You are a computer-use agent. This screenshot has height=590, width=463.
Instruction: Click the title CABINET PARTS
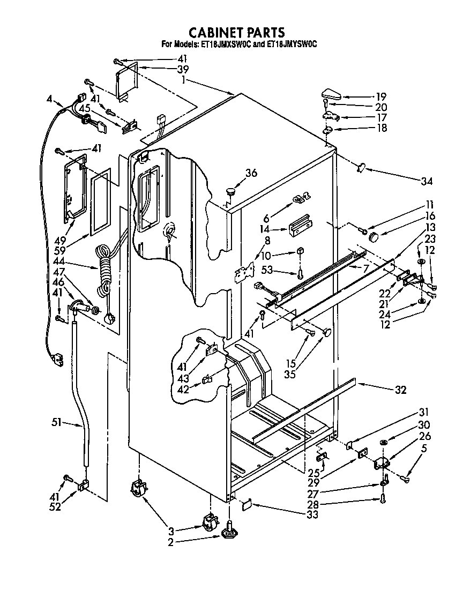(x=231, y=33)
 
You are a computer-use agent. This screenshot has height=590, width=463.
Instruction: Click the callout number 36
(x=251, y=173)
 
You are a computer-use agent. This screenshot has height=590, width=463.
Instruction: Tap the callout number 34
(x=426, y=181)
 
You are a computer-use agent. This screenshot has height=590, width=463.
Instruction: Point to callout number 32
(x=400, y=390)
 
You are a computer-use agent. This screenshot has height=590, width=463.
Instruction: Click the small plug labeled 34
(x=361, y=168)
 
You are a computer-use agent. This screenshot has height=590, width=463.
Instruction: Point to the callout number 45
(x=84, y=108)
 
